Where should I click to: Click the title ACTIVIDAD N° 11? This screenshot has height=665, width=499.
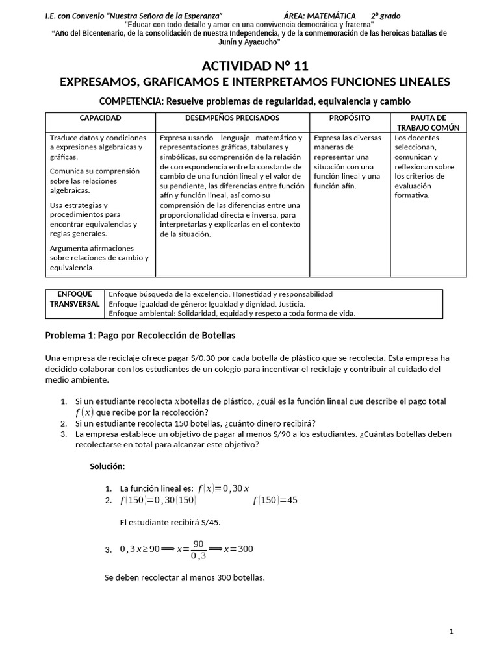[255, 66]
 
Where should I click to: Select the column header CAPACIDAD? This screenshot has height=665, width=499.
[100, 118]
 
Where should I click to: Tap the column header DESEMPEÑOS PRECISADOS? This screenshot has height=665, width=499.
[232, 118]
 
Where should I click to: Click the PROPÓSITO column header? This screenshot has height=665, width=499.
[350, 118]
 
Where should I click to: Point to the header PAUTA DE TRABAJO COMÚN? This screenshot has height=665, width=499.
[428, 123]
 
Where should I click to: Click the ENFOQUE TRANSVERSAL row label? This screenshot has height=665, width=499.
[74, 299]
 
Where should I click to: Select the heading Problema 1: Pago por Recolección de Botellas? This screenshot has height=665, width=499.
[140, 336]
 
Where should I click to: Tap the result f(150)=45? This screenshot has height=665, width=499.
[275, 500]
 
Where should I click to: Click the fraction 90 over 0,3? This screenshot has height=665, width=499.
[198, 549]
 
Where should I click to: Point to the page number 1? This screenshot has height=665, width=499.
[450, 631]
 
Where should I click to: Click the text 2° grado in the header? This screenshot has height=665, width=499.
[385, 15]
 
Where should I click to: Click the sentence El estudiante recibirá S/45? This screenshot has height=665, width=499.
[174, 522]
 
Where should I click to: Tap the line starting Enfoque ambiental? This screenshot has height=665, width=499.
[232, 313]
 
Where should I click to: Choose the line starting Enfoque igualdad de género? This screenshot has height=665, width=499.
[207, 303]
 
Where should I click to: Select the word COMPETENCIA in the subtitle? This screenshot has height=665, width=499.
[132, 101]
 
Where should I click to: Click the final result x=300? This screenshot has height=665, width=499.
[238, 549]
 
